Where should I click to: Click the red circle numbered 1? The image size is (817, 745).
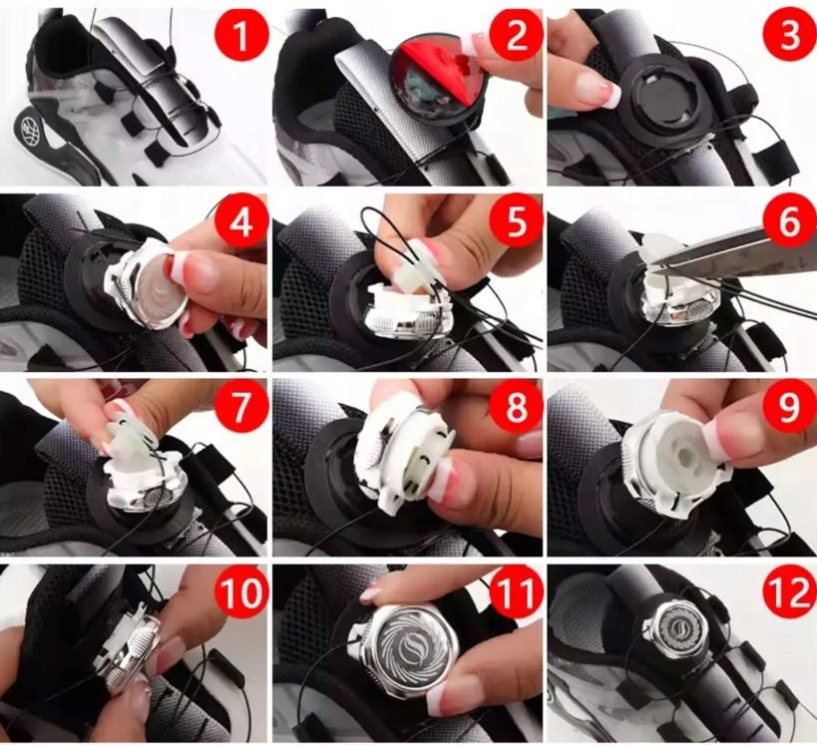241,36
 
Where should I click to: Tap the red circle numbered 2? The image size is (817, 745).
515,36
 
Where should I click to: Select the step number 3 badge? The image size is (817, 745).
789,36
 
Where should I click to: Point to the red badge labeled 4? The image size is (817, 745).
241,222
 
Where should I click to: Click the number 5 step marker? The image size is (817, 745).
515,222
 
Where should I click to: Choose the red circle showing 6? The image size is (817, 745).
789,222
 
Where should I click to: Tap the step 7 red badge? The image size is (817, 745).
241,407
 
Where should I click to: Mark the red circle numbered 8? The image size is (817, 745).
515,407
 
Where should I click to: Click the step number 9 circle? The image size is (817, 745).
789,407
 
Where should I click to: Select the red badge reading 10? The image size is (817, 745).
241,591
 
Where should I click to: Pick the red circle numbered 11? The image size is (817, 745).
515,591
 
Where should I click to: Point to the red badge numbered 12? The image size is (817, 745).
789,591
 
